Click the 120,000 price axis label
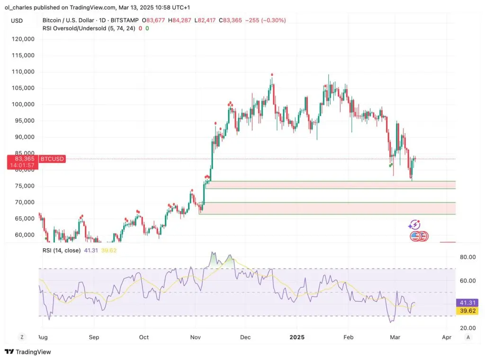[x=23, y=39]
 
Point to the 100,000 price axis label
[x=23, y=104]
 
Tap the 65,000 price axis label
[x=25, y=218]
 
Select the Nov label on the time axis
[x=195, y=337]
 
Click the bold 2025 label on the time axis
[x=297, y=337]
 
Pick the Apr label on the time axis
[x=447, y=337]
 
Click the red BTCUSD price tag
[x=52, y=159]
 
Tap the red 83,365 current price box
[x=23, y=162]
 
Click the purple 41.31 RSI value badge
[x=467, y=303]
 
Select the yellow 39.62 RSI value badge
[x=467, y=311]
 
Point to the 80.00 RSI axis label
[x=467, y=257]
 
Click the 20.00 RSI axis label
[x=467, y=328]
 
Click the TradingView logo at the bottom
[x=28, y=351]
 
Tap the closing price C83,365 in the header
[x=230, y=20]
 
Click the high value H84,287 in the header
[x=180, y=20]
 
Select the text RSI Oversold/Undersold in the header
[x=74, y=28]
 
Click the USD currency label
[x=17, y=21]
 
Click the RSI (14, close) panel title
[x=62, y=250]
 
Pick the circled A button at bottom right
[x=468, y=337]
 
